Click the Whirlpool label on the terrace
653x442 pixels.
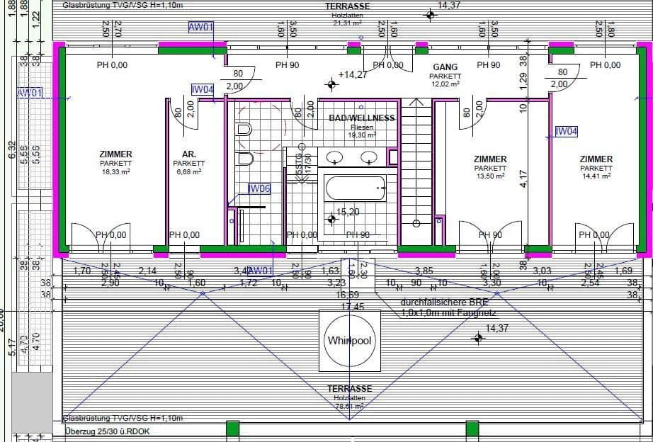click(x=349, y=341)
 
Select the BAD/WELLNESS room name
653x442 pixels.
click(x=361, y=118)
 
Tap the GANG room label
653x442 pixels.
click(x=445, y=67)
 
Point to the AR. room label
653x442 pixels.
click(x=188, y=154)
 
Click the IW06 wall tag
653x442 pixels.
click(x=259, y=189)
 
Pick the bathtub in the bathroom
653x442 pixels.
click(x=356, y=188)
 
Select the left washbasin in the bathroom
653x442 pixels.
click(x=335, y=157)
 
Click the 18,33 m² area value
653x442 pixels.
click(x=115, y=171)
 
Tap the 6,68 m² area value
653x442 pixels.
click(x=188, y=171)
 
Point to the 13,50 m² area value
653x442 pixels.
click(x=489, y=176)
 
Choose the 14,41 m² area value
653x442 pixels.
click(x=596, y=176)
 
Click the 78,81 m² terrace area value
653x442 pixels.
click(x=349, y=407)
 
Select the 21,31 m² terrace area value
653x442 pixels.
click(x=347, y=23)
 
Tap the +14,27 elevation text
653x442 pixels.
click(x=353, y=74)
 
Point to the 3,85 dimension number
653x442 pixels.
click(x=424, y=271)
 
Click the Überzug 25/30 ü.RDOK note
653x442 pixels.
click(x=107, y=431)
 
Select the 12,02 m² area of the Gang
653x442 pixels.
click(x=445, y=84)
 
